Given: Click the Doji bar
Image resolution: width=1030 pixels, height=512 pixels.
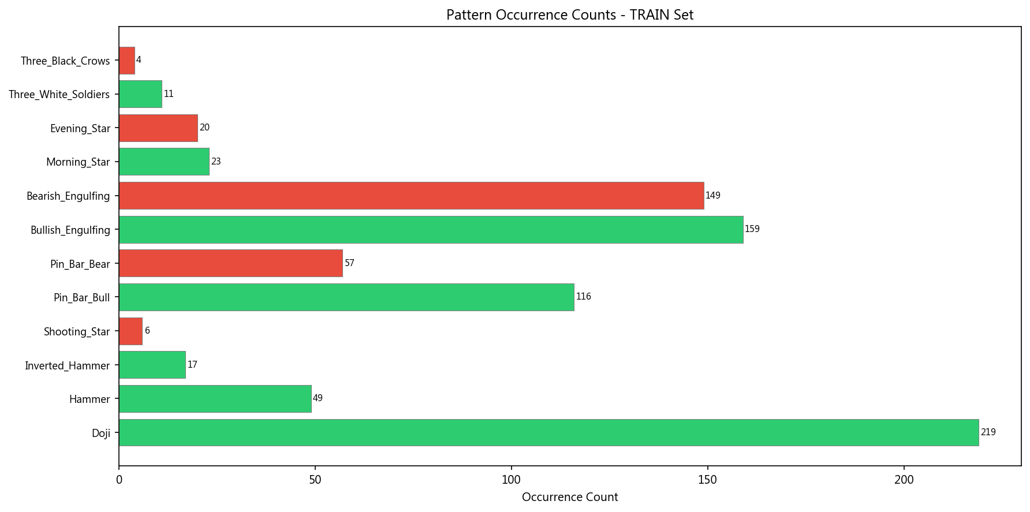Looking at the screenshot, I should [548, 432].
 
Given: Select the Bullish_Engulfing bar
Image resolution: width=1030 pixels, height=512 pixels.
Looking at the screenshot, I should [431, 230].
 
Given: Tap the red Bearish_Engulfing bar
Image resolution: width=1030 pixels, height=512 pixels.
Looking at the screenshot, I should [411, 196].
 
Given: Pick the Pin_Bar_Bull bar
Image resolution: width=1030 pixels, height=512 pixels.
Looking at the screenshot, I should [346, 297].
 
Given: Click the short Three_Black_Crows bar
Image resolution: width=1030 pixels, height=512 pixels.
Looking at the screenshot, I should [127, 61].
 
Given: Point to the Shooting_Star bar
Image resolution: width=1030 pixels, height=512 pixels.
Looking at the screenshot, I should [130, 331].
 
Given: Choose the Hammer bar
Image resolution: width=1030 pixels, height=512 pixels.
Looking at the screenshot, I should [215, 399].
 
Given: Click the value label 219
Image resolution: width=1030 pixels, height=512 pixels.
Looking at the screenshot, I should [988, 432].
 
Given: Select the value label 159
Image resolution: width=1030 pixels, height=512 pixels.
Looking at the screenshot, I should [752, 229].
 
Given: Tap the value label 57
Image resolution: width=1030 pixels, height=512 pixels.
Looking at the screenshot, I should [349, 263].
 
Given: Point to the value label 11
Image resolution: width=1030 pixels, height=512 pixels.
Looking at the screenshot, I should [169, 94].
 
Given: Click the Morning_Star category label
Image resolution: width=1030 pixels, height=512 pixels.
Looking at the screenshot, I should [78, 162].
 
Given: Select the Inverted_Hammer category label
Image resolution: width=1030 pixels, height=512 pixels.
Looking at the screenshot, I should [67, 365].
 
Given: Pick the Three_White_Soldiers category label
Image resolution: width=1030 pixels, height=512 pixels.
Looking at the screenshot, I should [59, 95].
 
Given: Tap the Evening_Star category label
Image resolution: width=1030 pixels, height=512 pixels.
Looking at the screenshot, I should [80, 128].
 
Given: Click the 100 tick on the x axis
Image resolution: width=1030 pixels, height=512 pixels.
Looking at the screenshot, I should [512, 480].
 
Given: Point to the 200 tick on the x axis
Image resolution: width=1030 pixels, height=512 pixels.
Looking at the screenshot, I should [904, 480].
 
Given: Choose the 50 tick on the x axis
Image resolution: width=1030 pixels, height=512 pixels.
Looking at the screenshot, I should [315, 480].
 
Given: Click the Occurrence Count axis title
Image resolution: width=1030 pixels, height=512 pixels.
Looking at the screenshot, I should [569, 497].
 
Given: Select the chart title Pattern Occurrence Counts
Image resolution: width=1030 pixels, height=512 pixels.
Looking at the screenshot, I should [569, 15].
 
